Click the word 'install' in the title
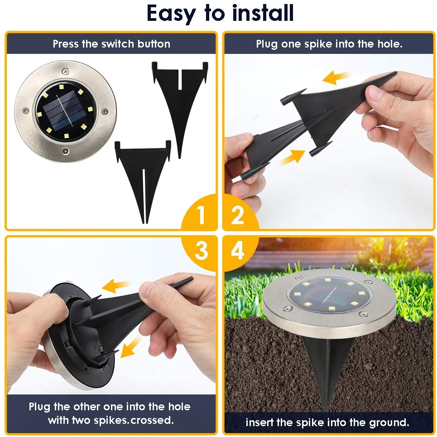[x=263, y=13]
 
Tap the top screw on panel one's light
[x=66, y=72]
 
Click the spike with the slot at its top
[x=180, y=109]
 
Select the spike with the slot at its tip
[x=143, y=181]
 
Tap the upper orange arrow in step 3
[x=115, y=285]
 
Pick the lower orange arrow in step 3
[x=130, y=347]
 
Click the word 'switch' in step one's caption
[x=118, y=44]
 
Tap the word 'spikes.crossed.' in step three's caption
[x=134, y=420]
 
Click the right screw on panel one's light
[x=105, y=111]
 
